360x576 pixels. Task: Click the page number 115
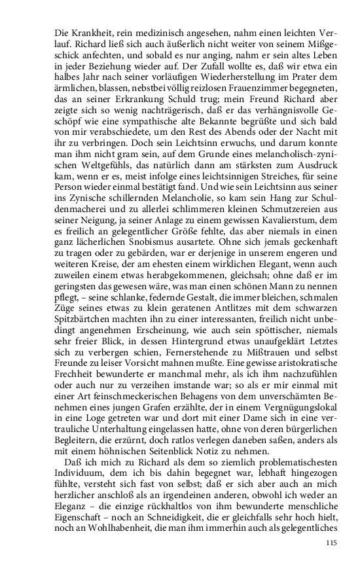(x=331, y=562)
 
